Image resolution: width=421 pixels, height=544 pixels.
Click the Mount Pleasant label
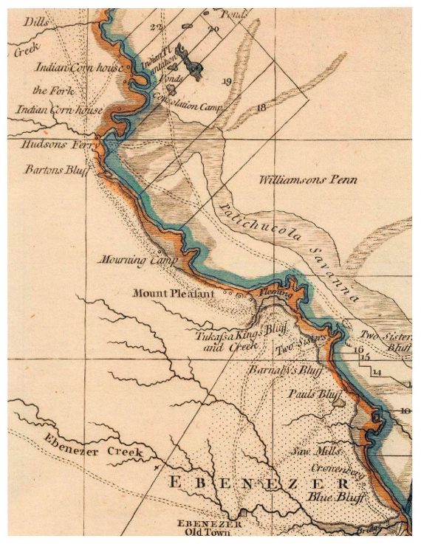click(173, 294)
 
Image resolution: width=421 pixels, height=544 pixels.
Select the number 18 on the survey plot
click(261, 108)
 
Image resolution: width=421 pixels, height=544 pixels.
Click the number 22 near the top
click(156, 27)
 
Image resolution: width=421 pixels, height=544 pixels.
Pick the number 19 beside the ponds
click(226, 80)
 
